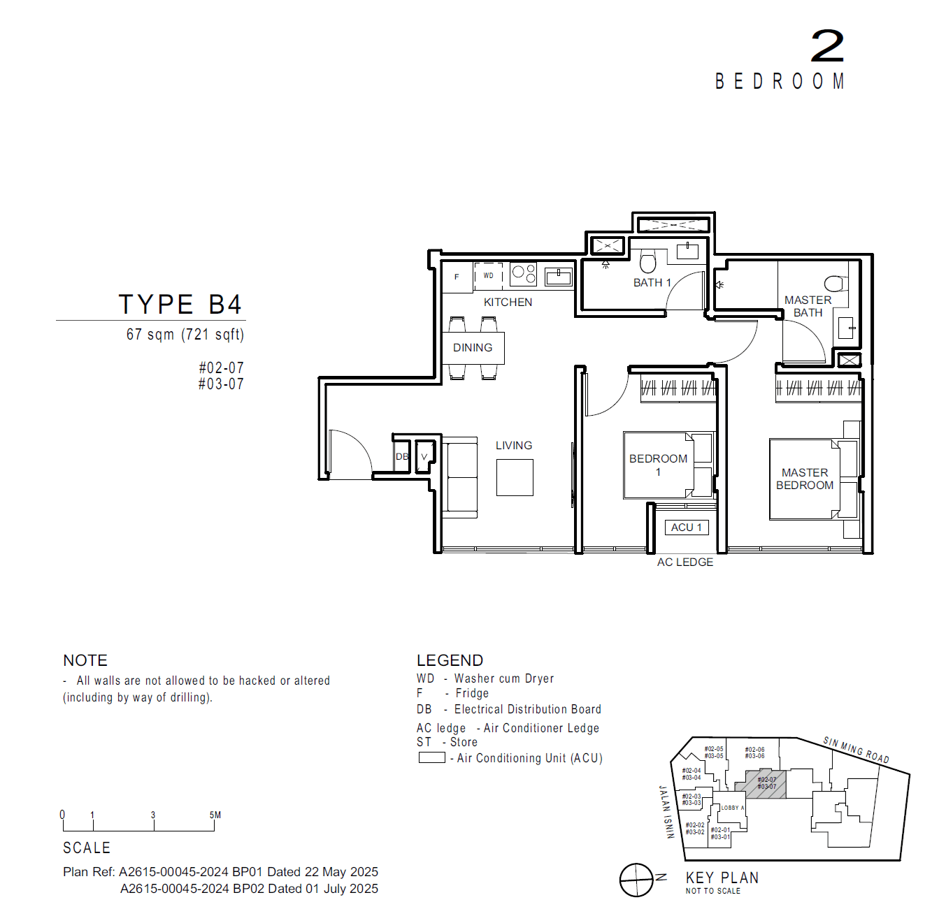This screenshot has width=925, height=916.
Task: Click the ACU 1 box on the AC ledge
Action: (687, 528)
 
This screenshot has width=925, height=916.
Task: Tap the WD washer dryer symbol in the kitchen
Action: (488, 275)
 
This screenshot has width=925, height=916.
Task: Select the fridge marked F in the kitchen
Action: (457, 277)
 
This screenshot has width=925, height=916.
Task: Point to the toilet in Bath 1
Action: (648, 262)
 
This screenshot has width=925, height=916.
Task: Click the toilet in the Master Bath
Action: (835, 284)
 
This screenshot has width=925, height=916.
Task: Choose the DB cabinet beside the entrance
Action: (401, 457)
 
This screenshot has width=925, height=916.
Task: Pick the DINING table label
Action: (473, 347)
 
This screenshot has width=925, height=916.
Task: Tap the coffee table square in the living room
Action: (515, 477)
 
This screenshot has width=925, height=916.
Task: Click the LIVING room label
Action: (514, 445)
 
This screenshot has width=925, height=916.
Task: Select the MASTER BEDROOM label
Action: (805, 479)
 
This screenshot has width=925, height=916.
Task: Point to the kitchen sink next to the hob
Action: (559, 277)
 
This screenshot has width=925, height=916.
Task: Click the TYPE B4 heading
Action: (180, 305)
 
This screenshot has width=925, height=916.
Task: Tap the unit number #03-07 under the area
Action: (221, 384)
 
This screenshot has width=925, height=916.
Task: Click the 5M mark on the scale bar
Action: (215, 816)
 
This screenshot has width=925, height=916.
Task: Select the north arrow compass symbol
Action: (636, 880)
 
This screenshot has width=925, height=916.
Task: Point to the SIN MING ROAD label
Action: (856, 750)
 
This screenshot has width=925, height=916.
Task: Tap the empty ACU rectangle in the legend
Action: (431, 757)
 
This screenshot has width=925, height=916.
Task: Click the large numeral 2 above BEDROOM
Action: (827, 46)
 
